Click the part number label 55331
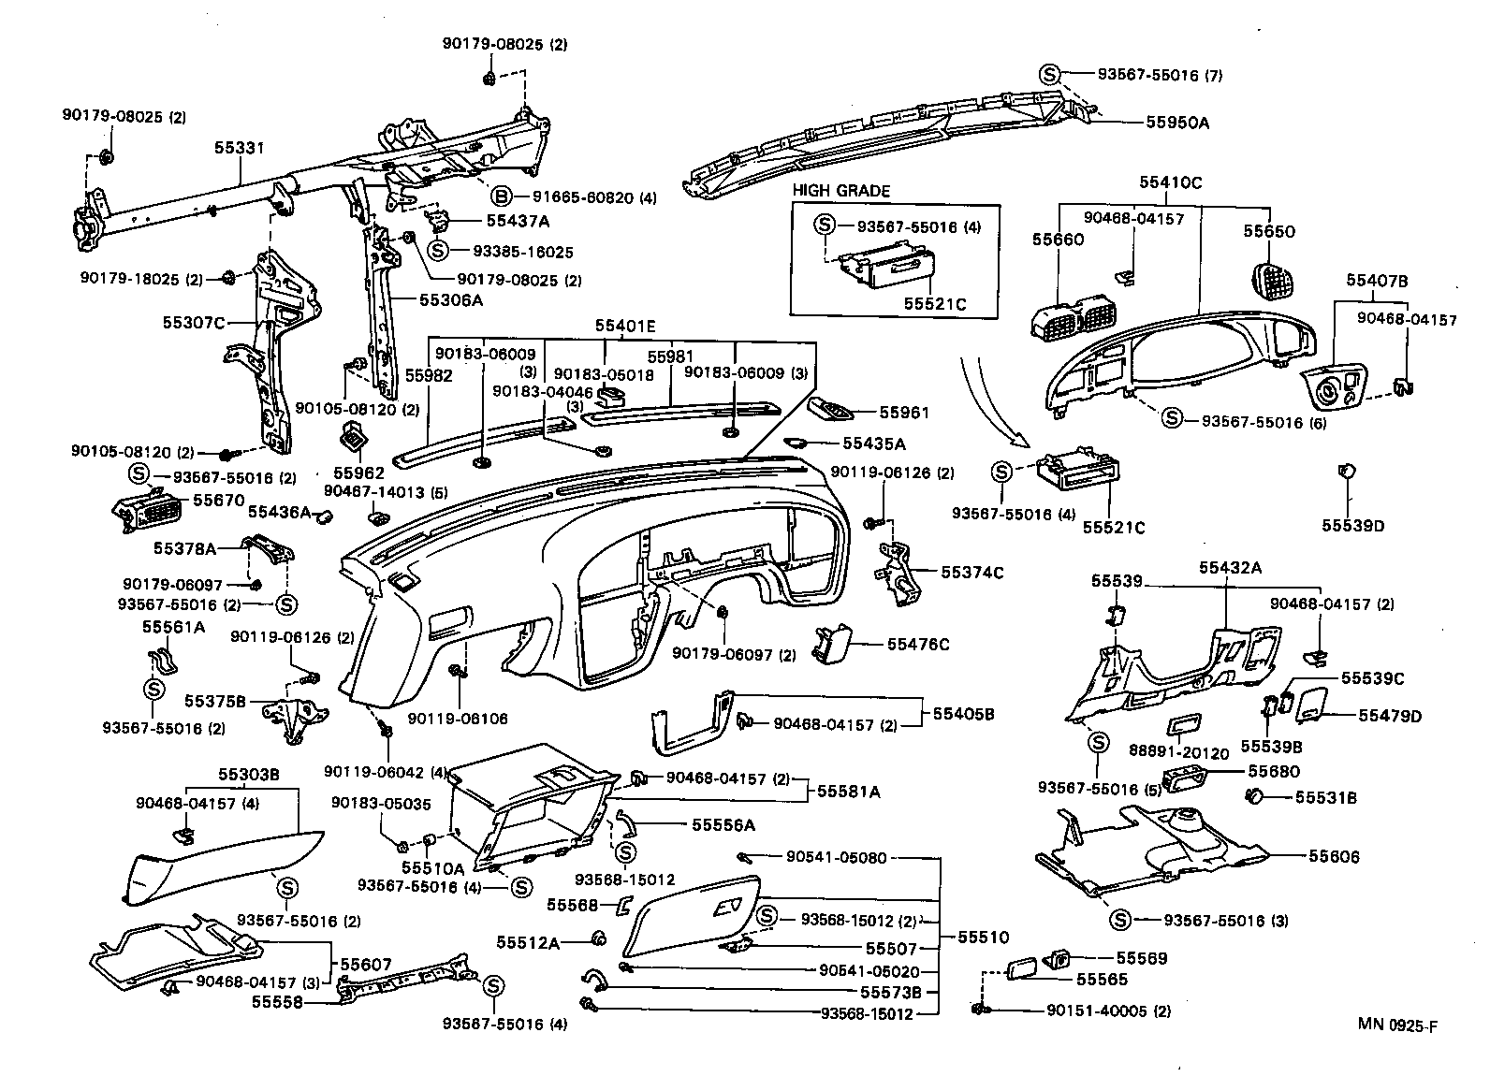[x=240, y=148]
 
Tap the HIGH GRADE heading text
[x=840, y=191]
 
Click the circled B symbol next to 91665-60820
[x=502, y=196]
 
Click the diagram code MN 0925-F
[x=1397, y=1025]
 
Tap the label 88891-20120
[x=1178, y=752]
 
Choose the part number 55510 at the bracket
[x=982, y=937]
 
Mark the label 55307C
[x=194, y=323]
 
